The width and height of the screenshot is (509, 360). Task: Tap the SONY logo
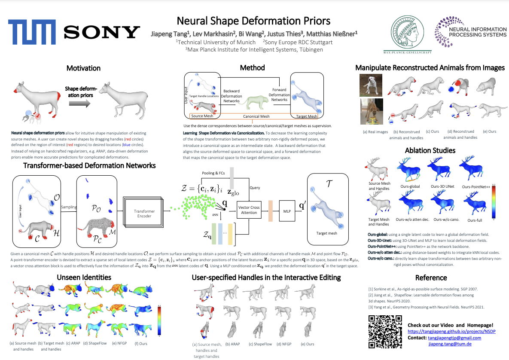click(x=102, y=32)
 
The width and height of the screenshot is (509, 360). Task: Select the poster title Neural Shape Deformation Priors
click(x=254, y=21)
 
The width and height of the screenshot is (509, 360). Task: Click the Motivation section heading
click(x=83, y=68)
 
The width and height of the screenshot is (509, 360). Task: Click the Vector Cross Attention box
click(x=249, y=210)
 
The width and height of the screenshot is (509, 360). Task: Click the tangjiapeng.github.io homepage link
click(x=448, y=332)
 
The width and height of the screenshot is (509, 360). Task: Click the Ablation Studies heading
click(x=430, y=150)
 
